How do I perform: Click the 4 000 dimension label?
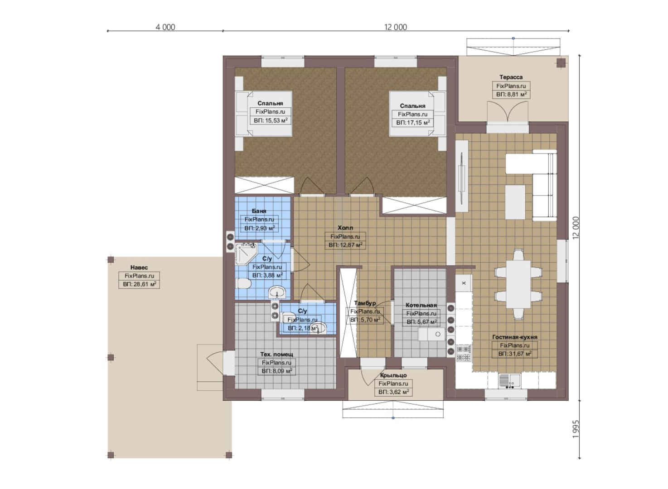tap(165, 27)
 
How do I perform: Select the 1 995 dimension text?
tap(576, 429)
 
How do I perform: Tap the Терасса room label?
tap(511, 77)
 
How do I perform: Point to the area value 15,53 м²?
tap(271, 120)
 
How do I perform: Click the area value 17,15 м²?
tap(413, 122)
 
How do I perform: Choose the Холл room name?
tap(345, 228)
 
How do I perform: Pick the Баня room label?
tap(259, 211)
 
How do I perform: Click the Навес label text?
tap(139, 268)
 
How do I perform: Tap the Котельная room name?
tap(421, 305)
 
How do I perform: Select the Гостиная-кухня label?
tap(515, 337)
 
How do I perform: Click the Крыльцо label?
tap(393, 375)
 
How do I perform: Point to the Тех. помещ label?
tap(276, 355)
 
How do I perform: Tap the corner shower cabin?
tap(245, 254)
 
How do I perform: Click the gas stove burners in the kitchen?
tap(464, 353)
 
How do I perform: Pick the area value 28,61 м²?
tap(140, 284)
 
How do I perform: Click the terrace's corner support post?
tap(561, 63)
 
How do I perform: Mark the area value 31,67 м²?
tap(515, 354)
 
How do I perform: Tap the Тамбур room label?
tap(365, 303)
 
